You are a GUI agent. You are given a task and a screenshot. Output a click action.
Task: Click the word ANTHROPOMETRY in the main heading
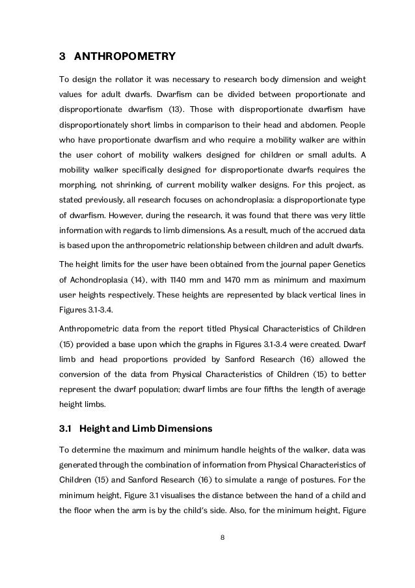[x=124, y=57]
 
